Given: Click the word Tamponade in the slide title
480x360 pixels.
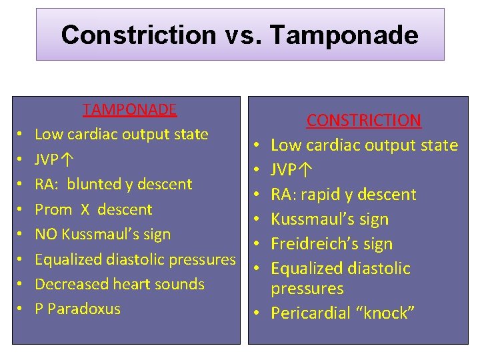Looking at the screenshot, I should (x=343, y=35).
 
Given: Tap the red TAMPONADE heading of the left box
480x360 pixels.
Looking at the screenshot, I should (x=130, y=109).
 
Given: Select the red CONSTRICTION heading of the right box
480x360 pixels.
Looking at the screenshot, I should (x=364, y=121).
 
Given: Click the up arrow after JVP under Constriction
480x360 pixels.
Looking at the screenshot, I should (x=303, y=170).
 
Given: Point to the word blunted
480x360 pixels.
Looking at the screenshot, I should (x=96, y=184).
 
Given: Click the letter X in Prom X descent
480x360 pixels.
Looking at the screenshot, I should (x=85, y=209).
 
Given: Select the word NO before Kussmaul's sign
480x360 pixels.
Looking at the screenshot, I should (x=46, y=234).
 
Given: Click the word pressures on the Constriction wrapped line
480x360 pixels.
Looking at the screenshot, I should (x=307, y=289).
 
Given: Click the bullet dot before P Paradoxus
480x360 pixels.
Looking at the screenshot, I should (x=21, y=309).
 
